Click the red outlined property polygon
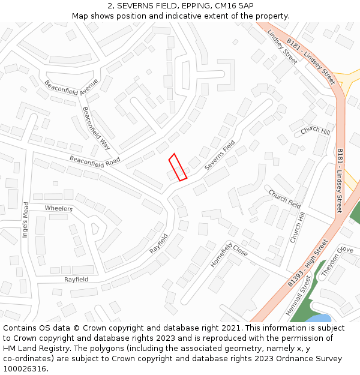(x=178, y=167)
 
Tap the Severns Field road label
(x=219, y=155)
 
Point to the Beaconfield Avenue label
(x=71, y=88)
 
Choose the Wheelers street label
(x=59, y=209)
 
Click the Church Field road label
(x=284, y=199)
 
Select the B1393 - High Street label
(x=307, y=262)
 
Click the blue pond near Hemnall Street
(x=317, y=319)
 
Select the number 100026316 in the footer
(x=25, y=369)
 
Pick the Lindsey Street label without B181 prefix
(x=282, y=46)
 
